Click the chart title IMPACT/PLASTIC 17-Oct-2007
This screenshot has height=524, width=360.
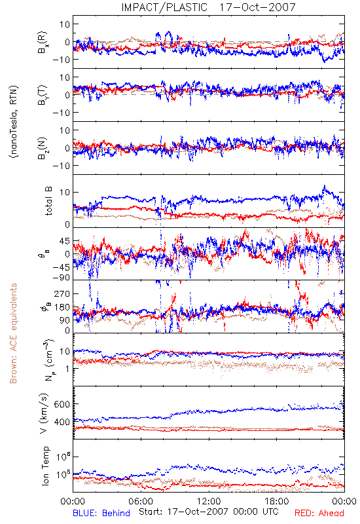coord(208,7)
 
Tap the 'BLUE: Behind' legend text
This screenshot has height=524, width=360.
coord(101,513)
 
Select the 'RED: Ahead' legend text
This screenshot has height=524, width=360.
coord(319,513)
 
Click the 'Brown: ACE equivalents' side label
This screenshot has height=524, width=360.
coord(13,333)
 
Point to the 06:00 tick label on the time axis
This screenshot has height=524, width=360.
coord(141,501)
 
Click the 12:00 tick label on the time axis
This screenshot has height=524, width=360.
coord(209,501)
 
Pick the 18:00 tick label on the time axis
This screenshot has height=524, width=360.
coord(276,501)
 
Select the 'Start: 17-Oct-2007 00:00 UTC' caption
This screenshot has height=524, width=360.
coord(209,512)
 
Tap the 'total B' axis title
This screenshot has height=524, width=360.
coord(48,201)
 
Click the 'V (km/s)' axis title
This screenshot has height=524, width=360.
coord(44,413)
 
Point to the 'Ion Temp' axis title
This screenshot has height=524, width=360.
coord(45,466)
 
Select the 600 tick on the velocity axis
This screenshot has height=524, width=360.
coord(62,404)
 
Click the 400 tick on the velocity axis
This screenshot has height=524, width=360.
coord(62,422)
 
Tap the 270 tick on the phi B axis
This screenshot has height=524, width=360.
coord(62,293)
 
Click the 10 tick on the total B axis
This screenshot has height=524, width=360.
coord(65,192)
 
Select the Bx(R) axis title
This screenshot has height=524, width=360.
coord(43,42)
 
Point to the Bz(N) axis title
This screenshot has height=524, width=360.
coord(43,149)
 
